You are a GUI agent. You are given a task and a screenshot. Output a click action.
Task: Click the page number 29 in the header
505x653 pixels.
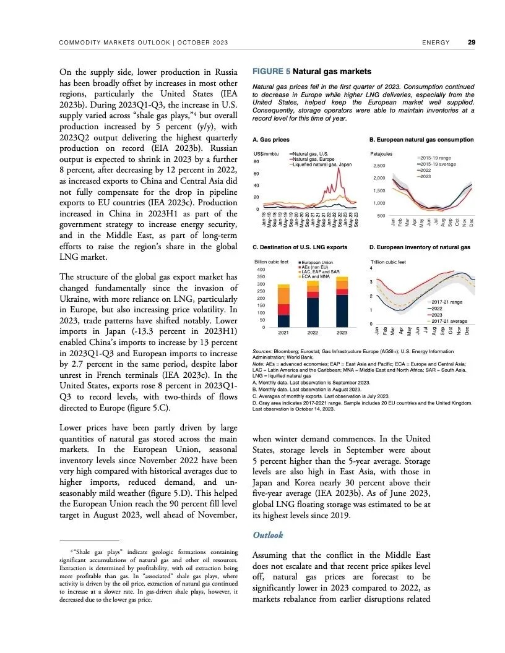(x=472, y=43)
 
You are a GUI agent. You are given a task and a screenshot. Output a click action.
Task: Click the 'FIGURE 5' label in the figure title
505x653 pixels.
(x=271, y=71)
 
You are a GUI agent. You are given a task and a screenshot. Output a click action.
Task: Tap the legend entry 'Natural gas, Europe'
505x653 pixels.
(x=314, y=158)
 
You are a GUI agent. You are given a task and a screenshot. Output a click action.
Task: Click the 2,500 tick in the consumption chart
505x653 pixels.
(x=378, y=166)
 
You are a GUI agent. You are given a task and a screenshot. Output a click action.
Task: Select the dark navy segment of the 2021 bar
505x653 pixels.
(x=283, y=321)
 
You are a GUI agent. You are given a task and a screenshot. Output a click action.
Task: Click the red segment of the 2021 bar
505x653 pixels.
(x=283, y=309)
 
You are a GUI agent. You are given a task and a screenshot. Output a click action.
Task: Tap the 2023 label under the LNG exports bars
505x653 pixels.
(x=341, y=333)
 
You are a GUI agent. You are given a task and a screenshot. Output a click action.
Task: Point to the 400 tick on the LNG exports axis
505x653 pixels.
(x=261, y=270)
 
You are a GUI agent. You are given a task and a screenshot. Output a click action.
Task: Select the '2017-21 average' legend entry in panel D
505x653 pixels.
(x=449, y=321)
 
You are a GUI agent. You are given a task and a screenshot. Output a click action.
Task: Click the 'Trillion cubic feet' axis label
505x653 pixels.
(x=388, y=262)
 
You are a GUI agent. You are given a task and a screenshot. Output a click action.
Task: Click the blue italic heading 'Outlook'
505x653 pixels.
(x=269, y=534)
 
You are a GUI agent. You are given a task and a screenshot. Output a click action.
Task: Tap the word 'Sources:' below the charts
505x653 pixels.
(x=265, y=352)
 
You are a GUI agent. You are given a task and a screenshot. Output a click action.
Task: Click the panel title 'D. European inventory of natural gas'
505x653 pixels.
(x=420, y=247)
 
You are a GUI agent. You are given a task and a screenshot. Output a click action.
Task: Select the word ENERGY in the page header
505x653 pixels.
(x=436, y=43)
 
